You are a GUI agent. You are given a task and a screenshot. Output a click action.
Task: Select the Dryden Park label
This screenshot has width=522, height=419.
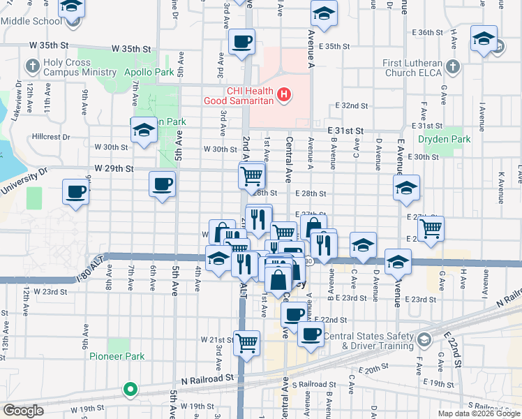[444, 139]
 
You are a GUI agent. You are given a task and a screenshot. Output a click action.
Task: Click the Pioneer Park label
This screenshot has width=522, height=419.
[117, 356]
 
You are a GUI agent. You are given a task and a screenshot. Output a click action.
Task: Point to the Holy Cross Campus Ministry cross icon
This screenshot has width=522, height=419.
[32, 68]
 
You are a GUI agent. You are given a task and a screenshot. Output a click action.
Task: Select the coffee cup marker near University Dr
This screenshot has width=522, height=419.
[76, 191]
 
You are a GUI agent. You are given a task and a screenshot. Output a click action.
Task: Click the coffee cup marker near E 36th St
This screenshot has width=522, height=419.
[241, 43]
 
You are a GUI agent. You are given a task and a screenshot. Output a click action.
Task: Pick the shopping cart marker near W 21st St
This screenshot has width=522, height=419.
[246, 342]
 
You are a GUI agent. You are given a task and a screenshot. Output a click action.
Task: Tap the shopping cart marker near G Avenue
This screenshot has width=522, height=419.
[431, 228]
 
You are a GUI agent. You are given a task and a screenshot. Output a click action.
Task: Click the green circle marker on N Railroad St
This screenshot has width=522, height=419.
[129, 389]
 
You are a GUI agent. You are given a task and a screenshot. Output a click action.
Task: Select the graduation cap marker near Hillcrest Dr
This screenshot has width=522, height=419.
[144, 129]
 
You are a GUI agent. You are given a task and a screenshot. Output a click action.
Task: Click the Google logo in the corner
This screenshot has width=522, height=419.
[22, 411]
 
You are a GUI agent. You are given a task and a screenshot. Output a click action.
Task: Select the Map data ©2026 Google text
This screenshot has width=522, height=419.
[479, 413]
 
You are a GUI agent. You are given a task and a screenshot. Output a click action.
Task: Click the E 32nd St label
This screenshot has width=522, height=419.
[351, 105]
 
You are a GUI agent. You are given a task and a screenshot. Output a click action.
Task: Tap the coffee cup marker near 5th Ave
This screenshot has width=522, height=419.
[163, 184]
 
